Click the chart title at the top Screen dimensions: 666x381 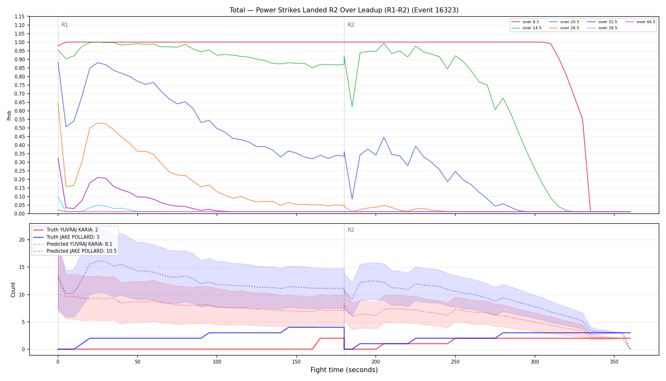pyautogui.click(x=344, y=10)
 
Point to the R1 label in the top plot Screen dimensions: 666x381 pyautogui.click(x=65, y=25)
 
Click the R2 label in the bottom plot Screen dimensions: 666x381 pyautogui.click(x=351, y=230)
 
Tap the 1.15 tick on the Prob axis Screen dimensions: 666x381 pyautogui.click(x=20, y=17)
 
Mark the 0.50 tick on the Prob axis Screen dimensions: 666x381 pyautogui.click(x=20, y=128)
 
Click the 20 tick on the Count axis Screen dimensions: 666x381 pyautogui.click(x=22, y=240)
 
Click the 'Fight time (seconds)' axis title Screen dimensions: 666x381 pyautogui.click(x=344, y=370)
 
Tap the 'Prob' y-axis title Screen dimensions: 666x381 pyautogui.click(x=9, y=115)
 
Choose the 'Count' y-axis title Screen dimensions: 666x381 pyautogui.click(x=13, y=290)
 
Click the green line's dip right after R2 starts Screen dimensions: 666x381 pyautogui.click(x=352, y=107)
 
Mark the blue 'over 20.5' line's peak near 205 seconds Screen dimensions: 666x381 pyautogui.click(x=384, y=137)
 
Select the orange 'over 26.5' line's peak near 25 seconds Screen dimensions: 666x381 pyautogui.click(x=98, y=123)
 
